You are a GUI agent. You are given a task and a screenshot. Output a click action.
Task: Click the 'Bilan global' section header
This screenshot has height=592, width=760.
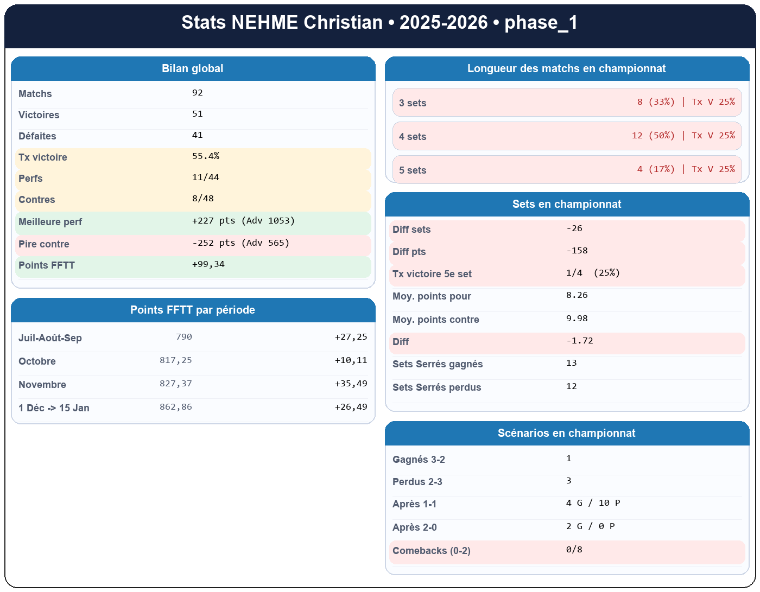click(192, 69)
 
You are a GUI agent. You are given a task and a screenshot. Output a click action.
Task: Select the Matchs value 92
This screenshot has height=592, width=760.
click(198, 93)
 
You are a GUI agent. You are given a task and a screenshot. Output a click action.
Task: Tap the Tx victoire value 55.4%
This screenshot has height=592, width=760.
click(206, 156)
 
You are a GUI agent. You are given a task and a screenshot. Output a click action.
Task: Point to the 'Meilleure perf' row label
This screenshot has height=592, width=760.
click(50, 222)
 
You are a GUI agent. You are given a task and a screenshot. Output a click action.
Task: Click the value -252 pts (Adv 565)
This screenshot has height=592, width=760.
click(240, 243)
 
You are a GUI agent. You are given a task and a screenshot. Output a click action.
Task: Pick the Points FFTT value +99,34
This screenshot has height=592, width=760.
click(208, 264)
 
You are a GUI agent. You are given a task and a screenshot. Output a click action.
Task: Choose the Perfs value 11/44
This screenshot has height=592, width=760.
click(206, 177)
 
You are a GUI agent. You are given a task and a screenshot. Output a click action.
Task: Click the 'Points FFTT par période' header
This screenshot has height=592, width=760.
click(192, 310)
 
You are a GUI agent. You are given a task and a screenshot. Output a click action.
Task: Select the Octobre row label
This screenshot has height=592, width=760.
click(37, 361)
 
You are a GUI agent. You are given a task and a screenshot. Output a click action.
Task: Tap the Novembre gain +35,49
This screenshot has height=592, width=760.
click(351, 384)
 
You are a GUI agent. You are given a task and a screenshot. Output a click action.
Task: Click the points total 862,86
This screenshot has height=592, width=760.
click(176, 407)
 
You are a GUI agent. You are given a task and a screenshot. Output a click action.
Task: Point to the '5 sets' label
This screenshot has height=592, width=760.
click(413, 170)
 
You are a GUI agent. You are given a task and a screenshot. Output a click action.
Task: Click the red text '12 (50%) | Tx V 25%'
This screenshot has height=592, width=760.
click(683, 136)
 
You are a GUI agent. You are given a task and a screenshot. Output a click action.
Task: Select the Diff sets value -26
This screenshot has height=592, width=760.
click(574, 228)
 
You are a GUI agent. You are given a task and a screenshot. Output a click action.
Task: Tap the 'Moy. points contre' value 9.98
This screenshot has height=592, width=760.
click(577, 319)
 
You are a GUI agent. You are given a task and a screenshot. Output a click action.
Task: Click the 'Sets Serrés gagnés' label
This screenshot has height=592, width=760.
click(438, 364)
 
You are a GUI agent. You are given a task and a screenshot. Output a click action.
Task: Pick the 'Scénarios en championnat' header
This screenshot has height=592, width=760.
click(566, 433)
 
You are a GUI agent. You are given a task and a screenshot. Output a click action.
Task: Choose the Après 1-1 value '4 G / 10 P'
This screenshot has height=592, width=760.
click(593, 503)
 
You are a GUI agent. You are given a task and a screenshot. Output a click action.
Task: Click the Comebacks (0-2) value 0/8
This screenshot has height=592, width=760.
click(574, 550)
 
